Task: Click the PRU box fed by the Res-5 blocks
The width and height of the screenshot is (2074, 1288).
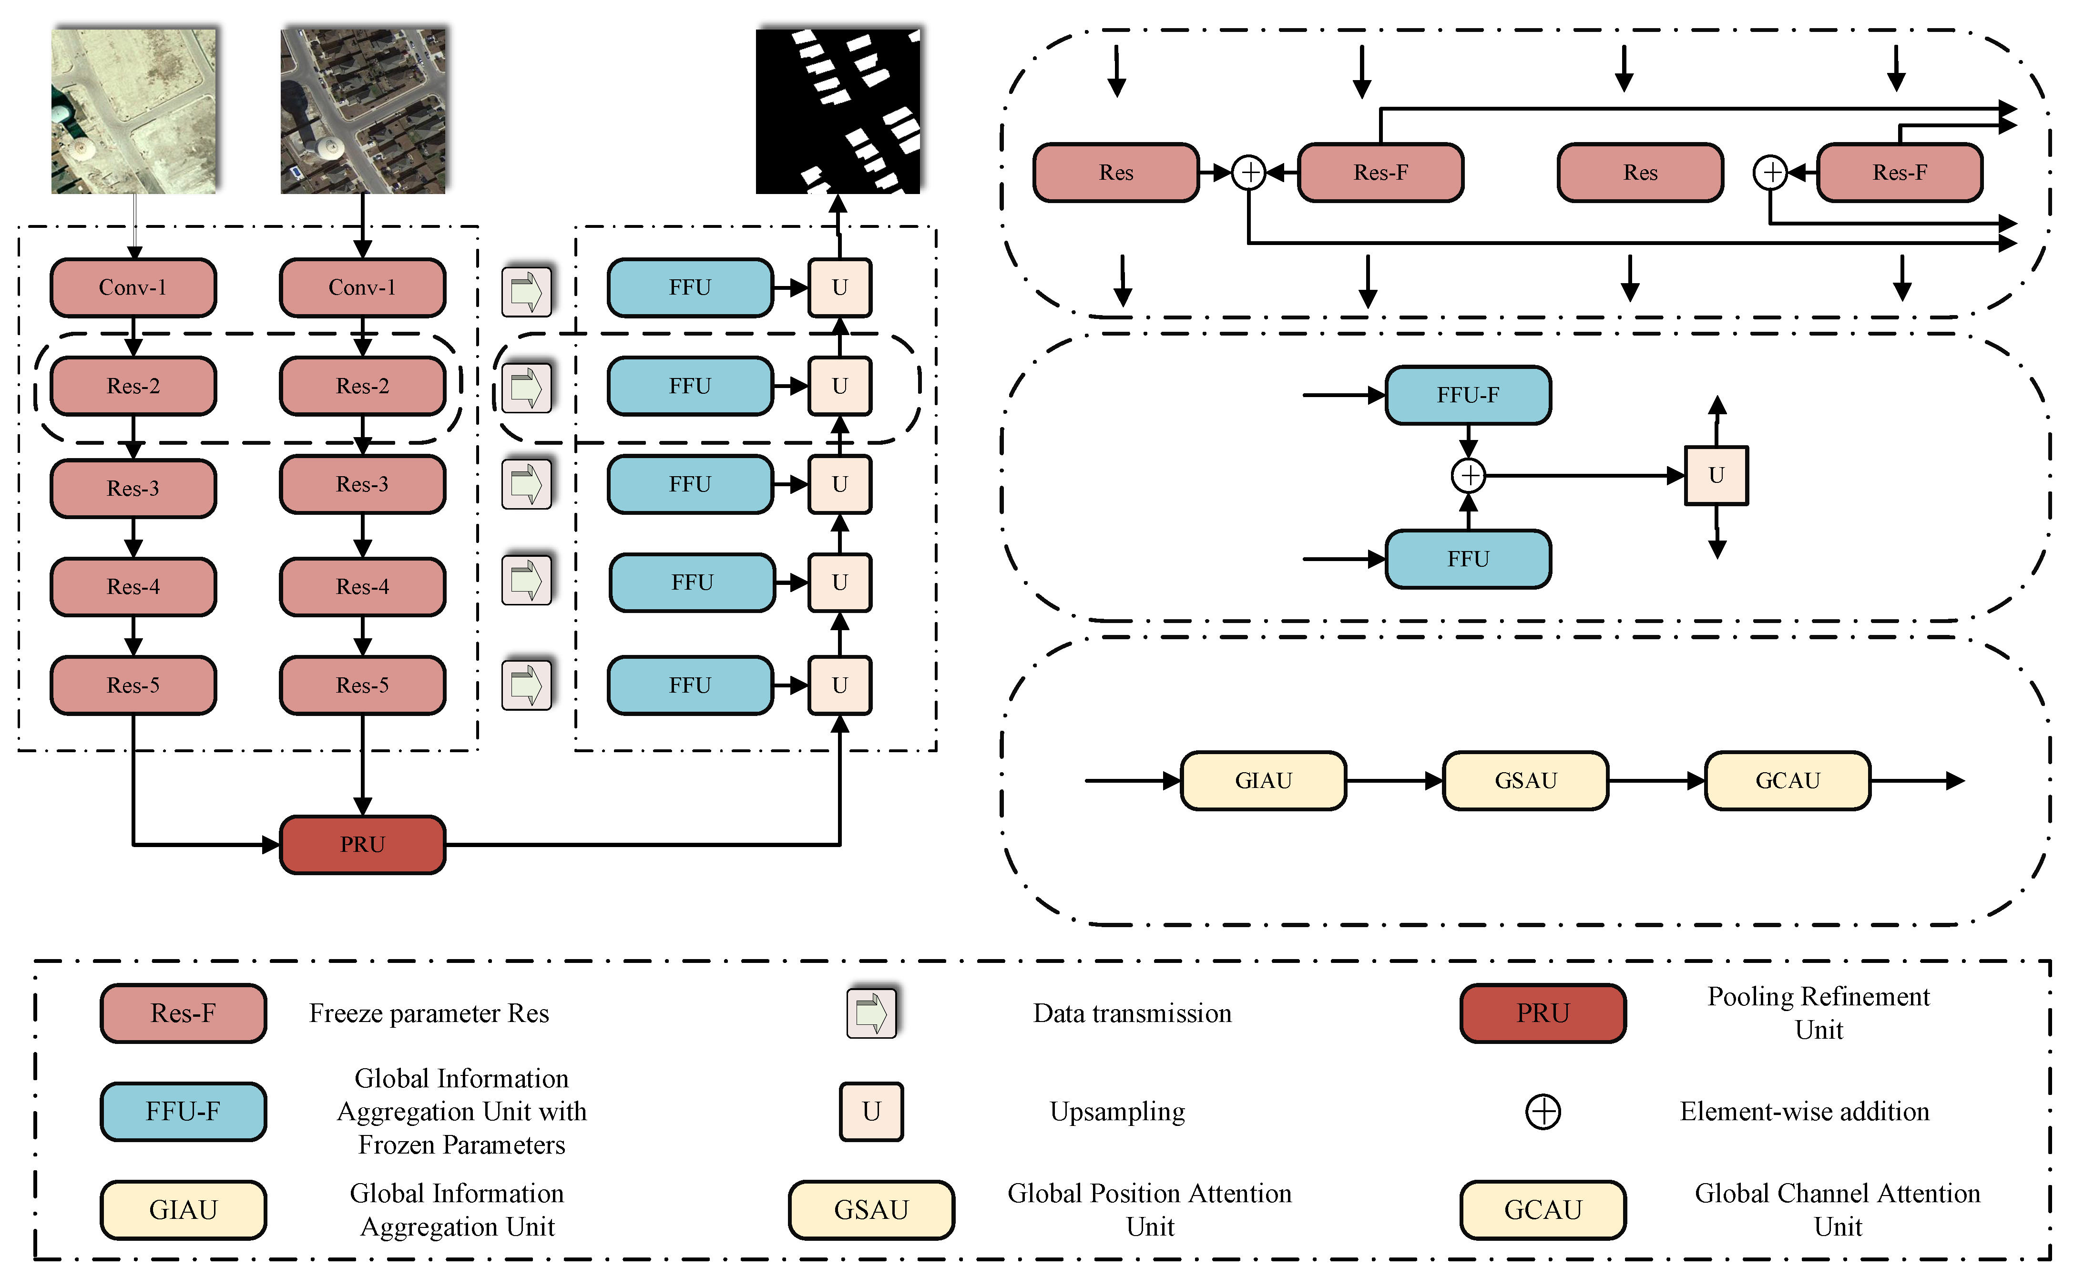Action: [x=363, y=844]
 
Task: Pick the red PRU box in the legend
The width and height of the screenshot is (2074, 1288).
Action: [x=1543, y=1013]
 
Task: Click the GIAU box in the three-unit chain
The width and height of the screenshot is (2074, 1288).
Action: [x=1263, y=780]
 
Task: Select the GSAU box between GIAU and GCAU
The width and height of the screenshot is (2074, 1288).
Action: [x=1525, y=780]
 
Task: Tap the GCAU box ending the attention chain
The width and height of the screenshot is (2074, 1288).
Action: [x=1787, y=780]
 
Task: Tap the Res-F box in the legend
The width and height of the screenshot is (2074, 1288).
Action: [x=183, y=1013]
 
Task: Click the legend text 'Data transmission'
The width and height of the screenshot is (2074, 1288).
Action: [x=1132, y=1013]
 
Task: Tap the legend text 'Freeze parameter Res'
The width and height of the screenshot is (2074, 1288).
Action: [x=429, y=1013]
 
